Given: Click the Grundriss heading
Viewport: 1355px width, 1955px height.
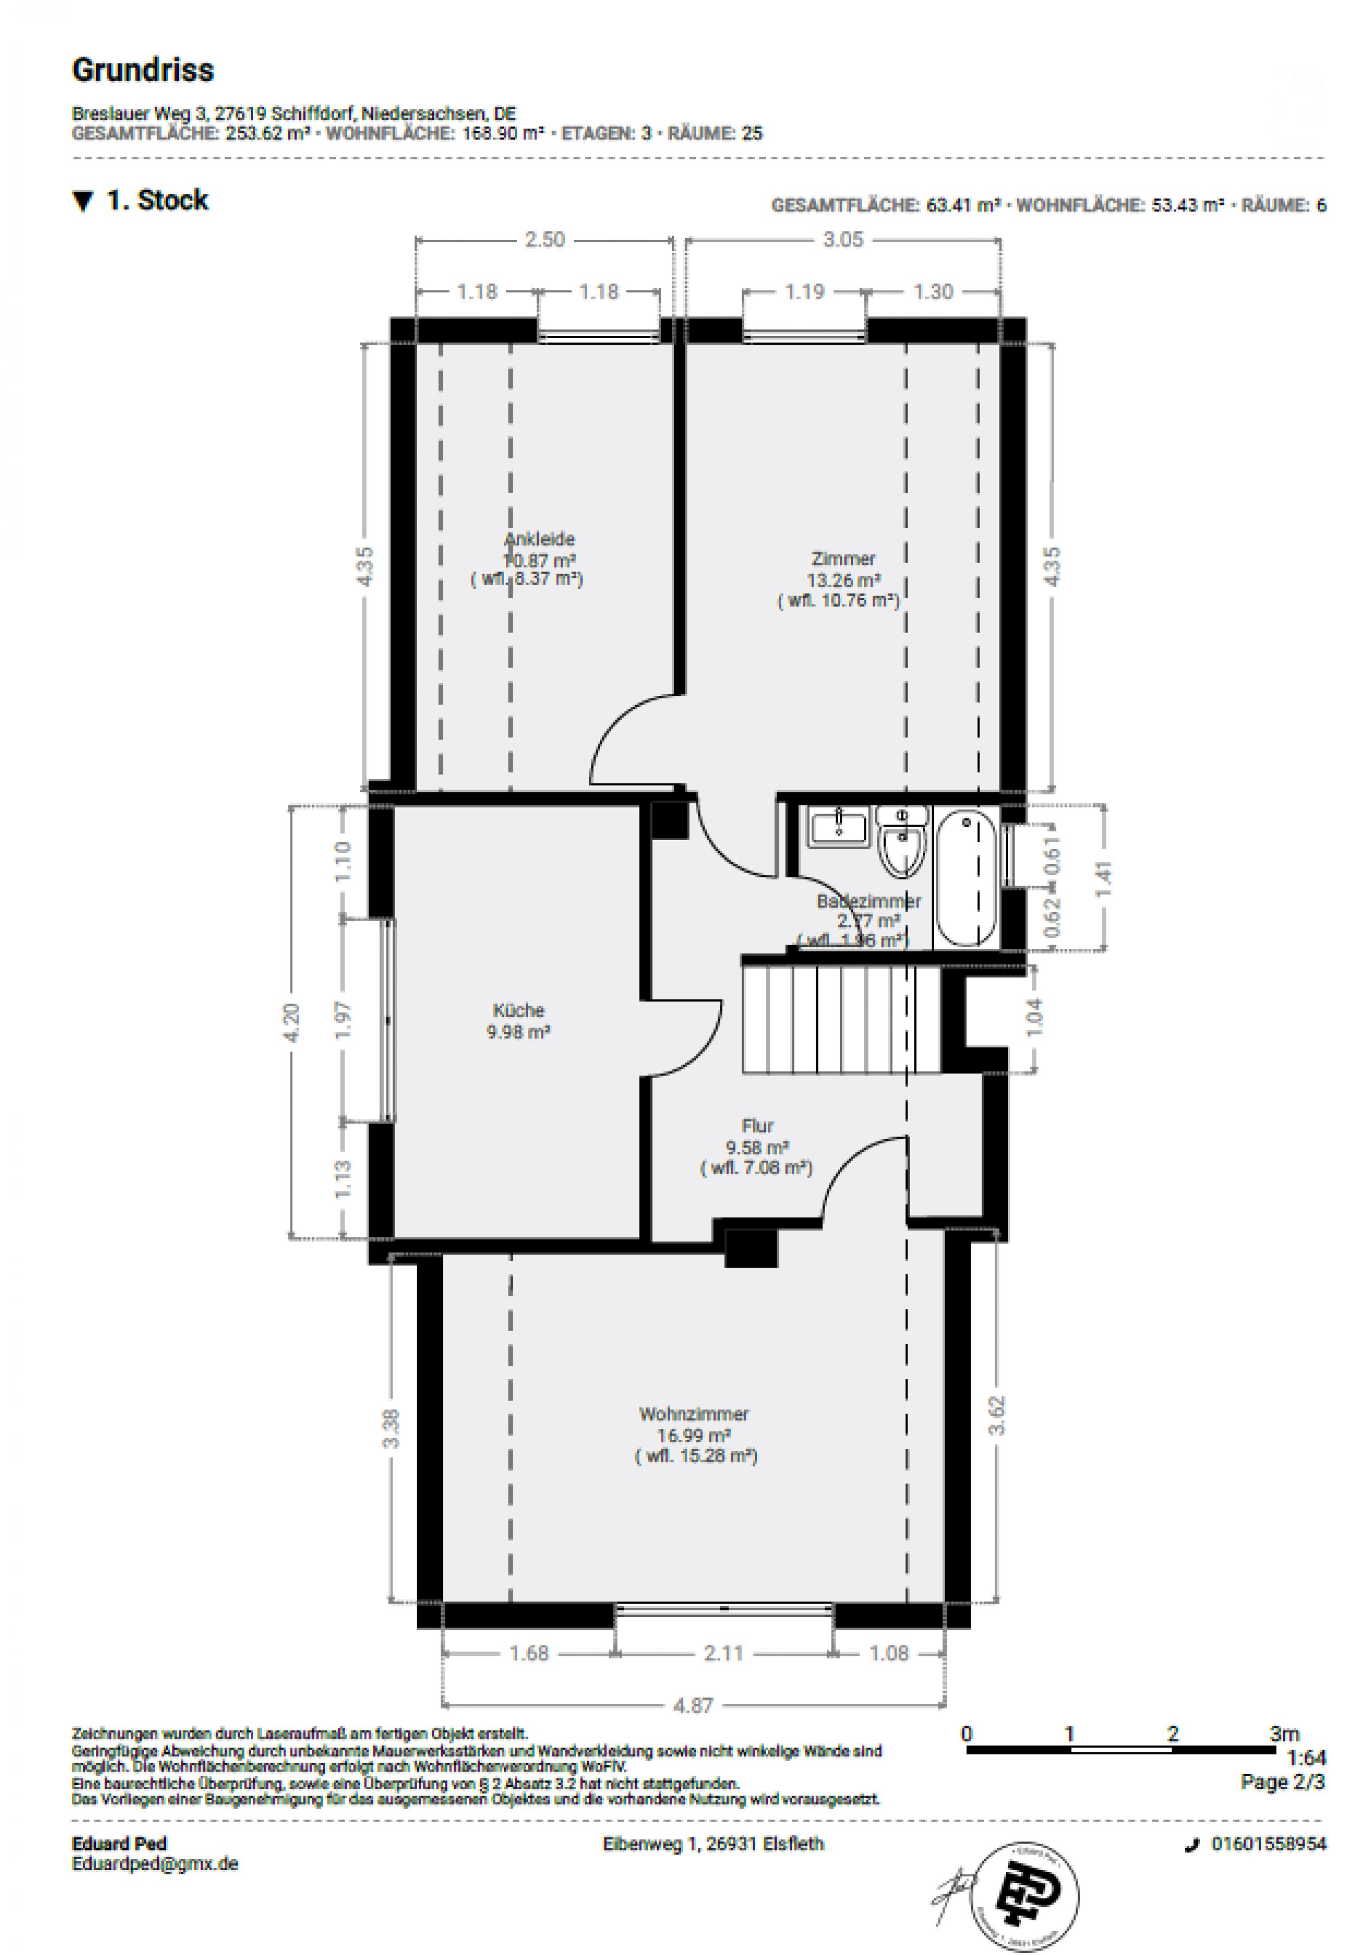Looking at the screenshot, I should (143, 69).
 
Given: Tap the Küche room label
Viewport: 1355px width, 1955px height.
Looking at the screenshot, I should (518, 1010).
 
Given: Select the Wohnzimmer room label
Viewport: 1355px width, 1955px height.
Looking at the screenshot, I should (694, 1414).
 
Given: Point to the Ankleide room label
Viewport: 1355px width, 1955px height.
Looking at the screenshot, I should (539, 539).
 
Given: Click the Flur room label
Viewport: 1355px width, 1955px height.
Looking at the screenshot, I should (757, 1126).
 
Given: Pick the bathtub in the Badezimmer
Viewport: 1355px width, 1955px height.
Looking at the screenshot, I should (966, 879).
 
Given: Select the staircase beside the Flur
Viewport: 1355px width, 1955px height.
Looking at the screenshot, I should (841, 1018).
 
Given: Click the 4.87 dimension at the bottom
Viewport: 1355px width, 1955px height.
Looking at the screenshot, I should (694, 1704).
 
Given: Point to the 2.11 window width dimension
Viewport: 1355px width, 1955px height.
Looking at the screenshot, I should (724, 1653).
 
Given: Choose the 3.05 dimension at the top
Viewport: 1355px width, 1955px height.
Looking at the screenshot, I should (842, 240).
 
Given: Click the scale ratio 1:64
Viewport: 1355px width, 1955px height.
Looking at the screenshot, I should (1305, 1757).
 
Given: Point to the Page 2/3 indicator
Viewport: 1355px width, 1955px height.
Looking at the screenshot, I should (1282, 1781).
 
